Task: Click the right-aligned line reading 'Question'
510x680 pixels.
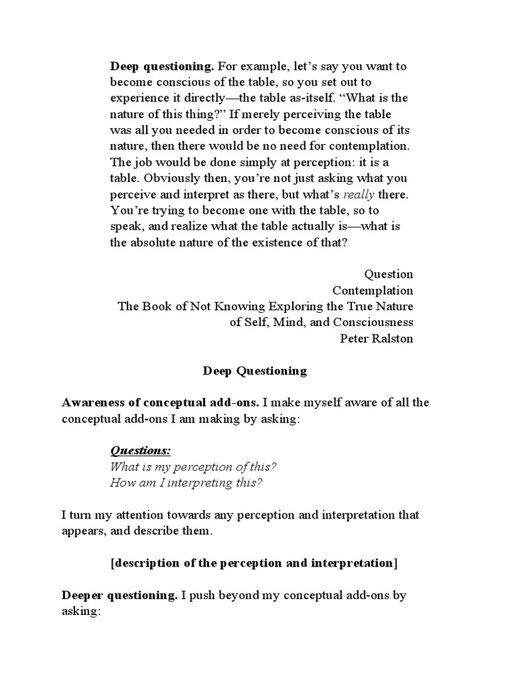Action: [388, 274]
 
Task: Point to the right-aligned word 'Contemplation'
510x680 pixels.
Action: [373, 290]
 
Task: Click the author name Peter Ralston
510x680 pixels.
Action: [377, 338]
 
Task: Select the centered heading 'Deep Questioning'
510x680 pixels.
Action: [255, 371]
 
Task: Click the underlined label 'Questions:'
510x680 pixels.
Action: [140, 451]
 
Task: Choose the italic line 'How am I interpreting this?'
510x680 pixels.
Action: [186, 482]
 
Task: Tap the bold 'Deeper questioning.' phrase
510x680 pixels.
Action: [119, 595]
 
